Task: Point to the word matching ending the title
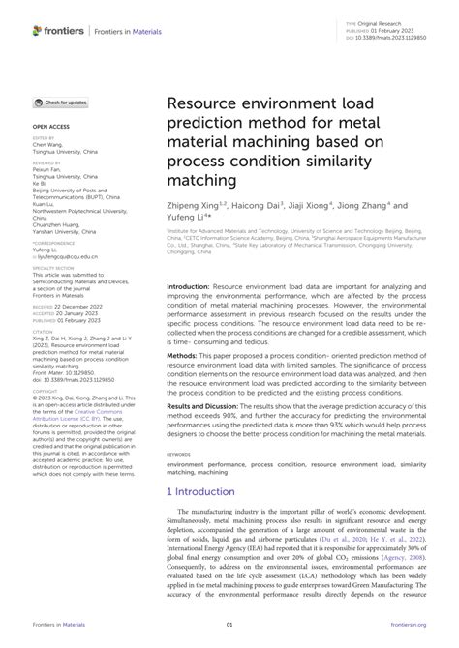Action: click(204, 180)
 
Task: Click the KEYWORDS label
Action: click(179, 480)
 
